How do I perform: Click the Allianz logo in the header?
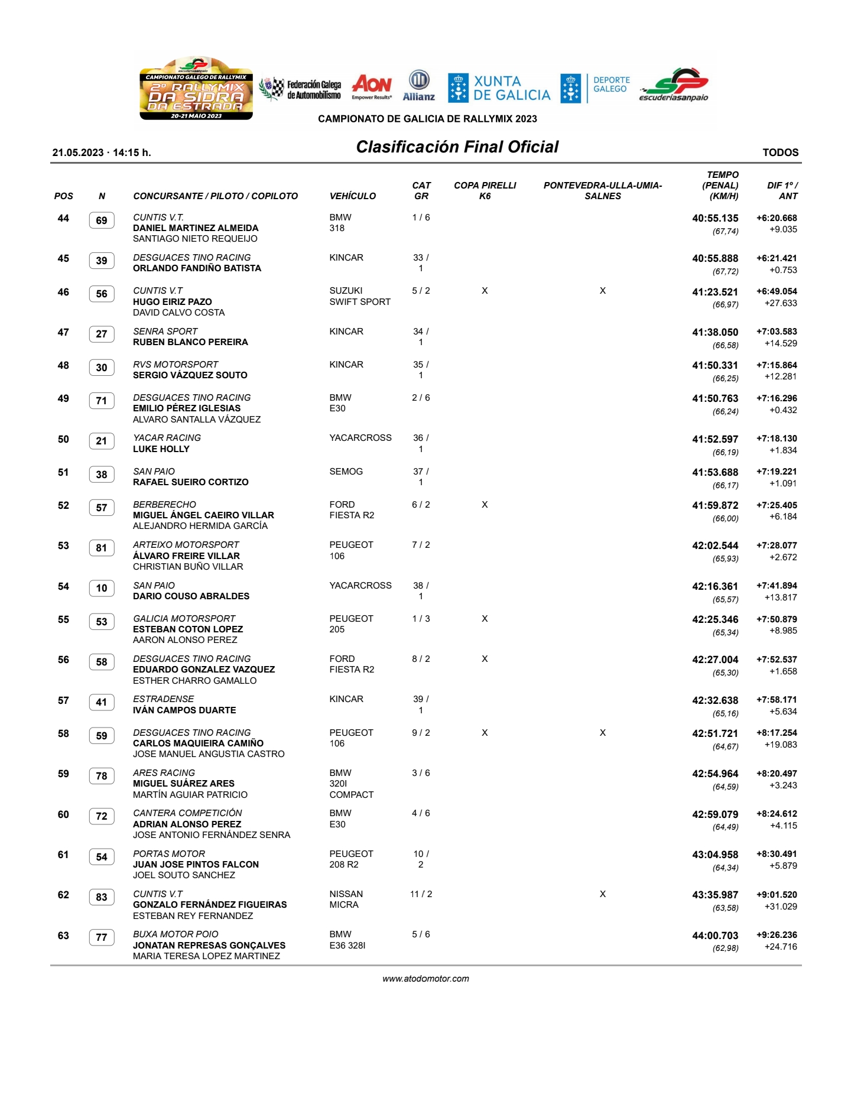pyautogui.click(x=419, y=86)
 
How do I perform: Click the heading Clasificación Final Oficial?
pyautogui.click(x=457, y=147)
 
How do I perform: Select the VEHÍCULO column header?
pyautogui.click(x=352, y=196)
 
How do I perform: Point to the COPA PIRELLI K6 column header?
pyautogui.click(x=485, y=190)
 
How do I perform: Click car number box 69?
pyautogui.click(x=102, y=221)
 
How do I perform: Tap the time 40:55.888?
pyautogui.click(x=715, y=258)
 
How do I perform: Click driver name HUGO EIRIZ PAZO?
pyautogui.click(x=172, y=301)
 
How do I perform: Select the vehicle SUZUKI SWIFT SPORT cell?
pyautogui.click(x=359, y=296)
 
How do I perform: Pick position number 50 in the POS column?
pyautogui.click(x=63, y=439)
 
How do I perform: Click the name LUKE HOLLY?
pyautogui.click(x=161, y=449)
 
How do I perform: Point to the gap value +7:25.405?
pyautogui.click(x=777, y=505)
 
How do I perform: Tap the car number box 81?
pyautogui.click(x=102, y=548)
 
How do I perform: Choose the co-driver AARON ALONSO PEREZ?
pyautogui.click(x=185, y=640)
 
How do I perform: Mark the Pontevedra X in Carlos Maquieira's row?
pyautogui.click(x=602, y=733)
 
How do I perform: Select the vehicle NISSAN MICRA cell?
pyautogui.click(x=346, y=899)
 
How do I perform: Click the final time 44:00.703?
pyautogui.click(x=715, y=936)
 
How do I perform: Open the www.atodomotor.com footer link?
pyautogui.click(x=425, y=979)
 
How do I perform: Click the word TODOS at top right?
pyautogui.click(x=780, y=152)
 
